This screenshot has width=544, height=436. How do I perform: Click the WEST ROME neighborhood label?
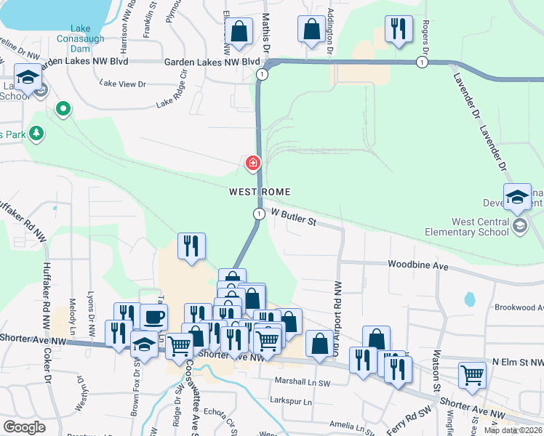tap(260, 192)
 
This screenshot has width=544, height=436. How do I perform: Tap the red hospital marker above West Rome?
tap(253, 163)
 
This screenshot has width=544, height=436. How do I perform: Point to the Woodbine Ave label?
tap(417, 266)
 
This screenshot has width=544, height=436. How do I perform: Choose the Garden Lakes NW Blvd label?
tap(212, 62)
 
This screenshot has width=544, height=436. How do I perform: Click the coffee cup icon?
tap(153, 318)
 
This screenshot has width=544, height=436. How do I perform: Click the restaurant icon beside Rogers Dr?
tap(398, 30)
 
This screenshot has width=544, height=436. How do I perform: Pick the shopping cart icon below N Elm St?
tap(473, 376)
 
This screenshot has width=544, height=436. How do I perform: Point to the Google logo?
tap(24, 427)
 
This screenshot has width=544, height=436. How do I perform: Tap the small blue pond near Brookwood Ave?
tap(469, 299)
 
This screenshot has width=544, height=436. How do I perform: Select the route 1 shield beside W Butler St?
tap(259, 214)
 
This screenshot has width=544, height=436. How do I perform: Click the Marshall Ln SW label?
tap(303, 380)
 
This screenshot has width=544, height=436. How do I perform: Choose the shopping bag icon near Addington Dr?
tap(311, 30)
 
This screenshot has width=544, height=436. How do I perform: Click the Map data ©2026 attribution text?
tap(513, 430)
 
